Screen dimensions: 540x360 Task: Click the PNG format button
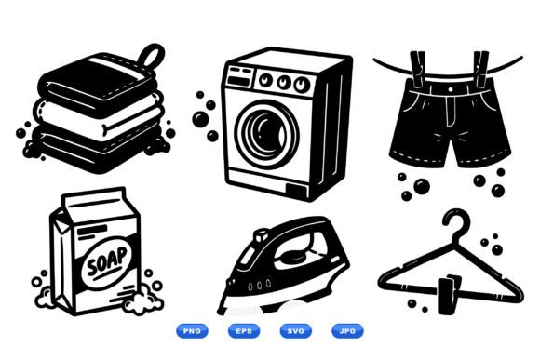pos(192,331)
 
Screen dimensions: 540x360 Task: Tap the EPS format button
pos(244,331)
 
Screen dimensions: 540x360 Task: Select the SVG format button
pos(296,331)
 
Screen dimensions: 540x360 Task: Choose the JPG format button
pos(347,331)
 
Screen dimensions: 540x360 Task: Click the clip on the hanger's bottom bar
pos(448,295)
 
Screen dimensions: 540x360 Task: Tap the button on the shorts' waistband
pos(451,90)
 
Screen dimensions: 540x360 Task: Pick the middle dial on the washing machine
pos(283,82)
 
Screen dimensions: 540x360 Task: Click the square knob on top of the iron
pos(261,236)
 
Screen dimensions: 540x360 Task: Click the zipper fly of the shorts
pos(451,111)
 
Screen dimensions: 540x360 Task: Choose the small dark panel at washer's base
pos(296,191)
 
